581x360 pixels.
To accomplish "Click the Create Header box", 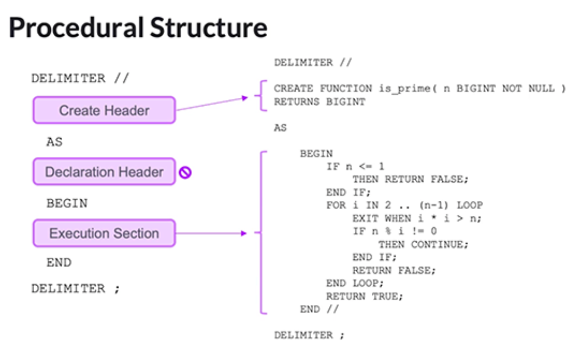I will tap(104, 110).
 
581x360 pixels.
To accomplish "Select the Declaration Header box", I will tap(104, 172).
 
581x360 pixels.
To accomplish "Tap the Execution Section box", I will tap(104, 233).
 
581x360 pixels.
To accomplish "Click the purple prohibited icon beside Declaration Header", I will tap(186, 172).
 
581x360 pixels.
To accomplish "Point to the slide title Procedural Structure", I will tap(138, 28).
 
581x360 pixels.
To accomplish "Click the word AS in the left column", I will tap(54, 142).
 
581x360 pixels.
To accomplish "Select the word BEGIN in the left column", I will tap(67, 203).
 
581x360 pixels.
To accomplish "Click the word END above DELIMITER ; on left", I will tap(58, 263).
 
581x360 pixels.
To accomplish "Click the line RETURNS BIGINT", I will tap(319, 101).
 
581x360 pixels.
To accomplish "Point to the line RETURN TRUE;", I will tap(365, 296).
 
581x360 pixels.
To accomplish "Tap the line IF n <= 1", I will tap(355, 166).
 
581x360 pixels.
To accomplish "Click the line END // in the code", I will tap(319, 309).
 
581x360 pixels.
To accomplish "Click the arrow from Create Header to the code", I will tap(212, 104).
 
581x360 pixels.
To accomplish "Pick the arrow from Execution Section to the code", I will tap(212, 233).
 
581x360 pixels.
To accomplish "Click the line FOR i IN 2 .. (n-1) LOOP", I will tap(404, 205).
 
